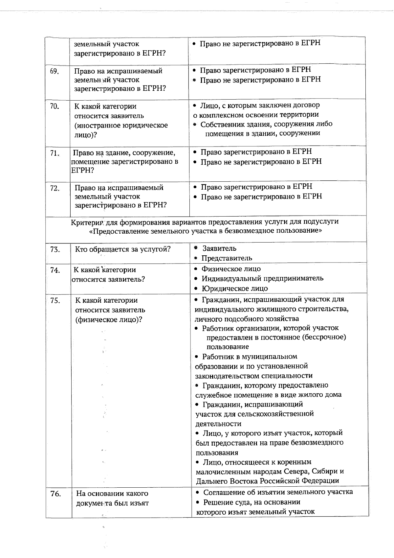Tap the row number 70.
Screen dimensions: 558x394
point(55,106)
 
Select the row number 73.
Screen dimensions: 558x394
point(55,249)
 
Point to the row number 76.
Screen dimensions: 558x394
point(56,494)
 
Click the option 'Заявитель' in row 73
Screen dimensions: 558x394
point(219,248)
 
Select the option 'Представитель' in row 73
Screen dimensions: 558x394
point(227,258)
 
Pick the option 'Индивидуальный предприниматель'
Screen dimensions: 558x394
point(262,278)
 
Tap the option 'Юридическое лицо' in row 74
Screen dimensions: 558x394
point(235,289)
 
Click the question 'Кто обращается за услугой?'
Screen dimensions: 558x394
point(123,249)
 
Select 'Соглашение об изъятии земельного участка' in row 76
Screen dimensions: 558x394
point(278,492)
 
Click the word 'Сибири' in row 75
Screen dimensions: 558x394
point(326,471)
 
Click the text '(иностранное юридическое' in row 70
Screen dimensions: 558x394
point(121,125)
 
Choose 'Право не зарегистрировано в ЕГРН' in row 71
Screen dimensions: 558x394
point(261,161)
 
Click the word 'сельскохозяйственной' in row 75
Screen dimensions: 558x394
point(281,414)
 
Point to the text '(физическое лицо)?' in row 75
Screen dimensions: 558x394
point(109,319)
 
